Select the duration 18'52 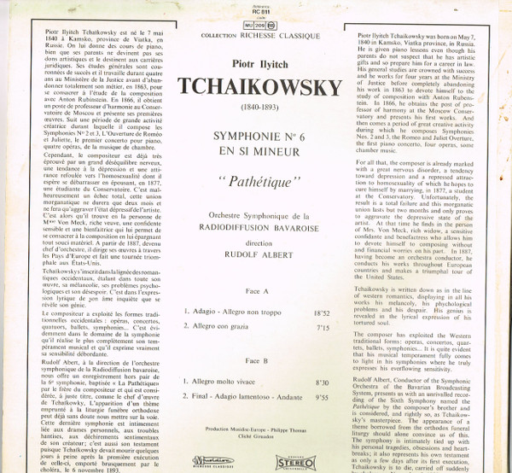322,315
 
